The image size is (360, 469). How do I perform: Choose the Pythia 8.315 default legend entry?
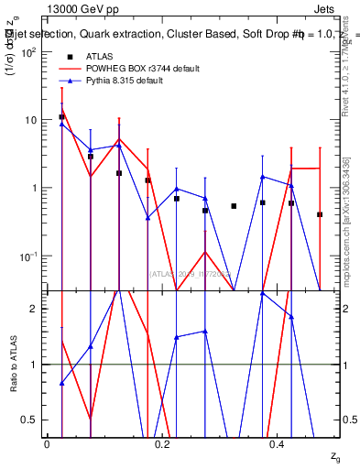click(130, 81)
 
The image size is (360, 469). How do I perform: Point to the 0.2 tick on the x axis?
click(162, 443)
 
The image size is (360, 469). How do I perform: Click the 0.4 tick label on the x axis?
click(278, 443)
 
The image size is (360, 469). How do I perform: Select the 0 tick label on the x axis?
click(47, 443)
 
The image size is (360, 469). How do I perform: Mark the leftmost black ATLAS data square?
click(61, 117)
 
